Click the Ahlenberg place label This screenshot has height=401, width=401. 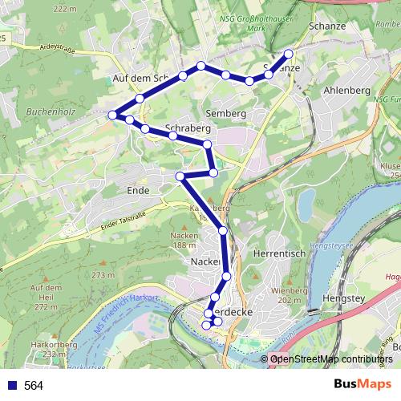point(346,91)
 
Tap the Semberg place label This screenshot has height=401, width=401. point(225,114)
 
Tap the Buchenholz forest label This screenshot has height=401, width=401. point(51,112)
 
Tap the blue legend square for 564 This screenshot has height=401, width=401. point(10,386)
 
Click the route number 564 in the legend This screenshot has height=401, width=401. point(34,386)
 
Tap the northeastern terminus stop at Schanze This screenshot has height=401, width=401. point(288,55)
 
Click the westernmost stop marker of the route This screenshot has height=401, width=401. point(112,115)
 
